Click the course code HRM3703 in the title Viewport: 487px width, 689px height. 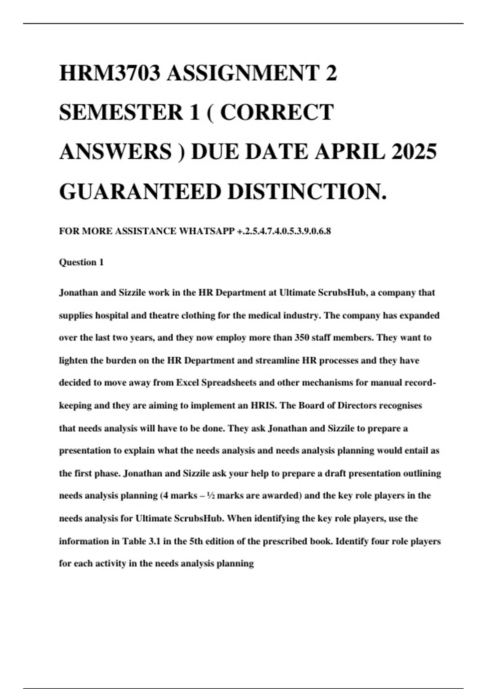(110, 73)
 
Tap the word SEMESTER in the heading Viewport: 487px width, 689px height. (121, 112)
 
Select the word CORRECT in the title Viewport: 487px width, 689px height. (277, 112)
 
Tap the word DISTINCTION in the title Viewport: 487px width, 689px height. (304, 191)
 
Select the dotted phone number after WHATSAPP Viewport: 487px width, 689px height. (284, 231)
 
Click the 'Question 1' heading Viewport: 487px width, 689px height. (81, 262)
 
